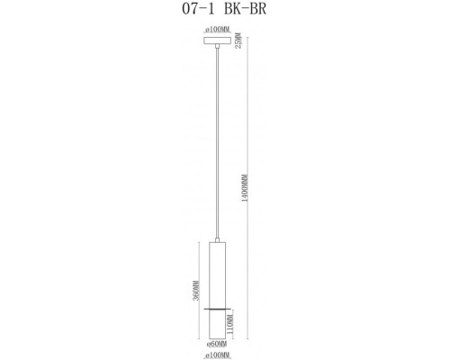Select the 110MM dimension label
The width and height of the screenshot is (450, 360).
230,323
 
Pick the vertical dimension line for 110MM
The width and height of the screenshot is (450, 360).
236,323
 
